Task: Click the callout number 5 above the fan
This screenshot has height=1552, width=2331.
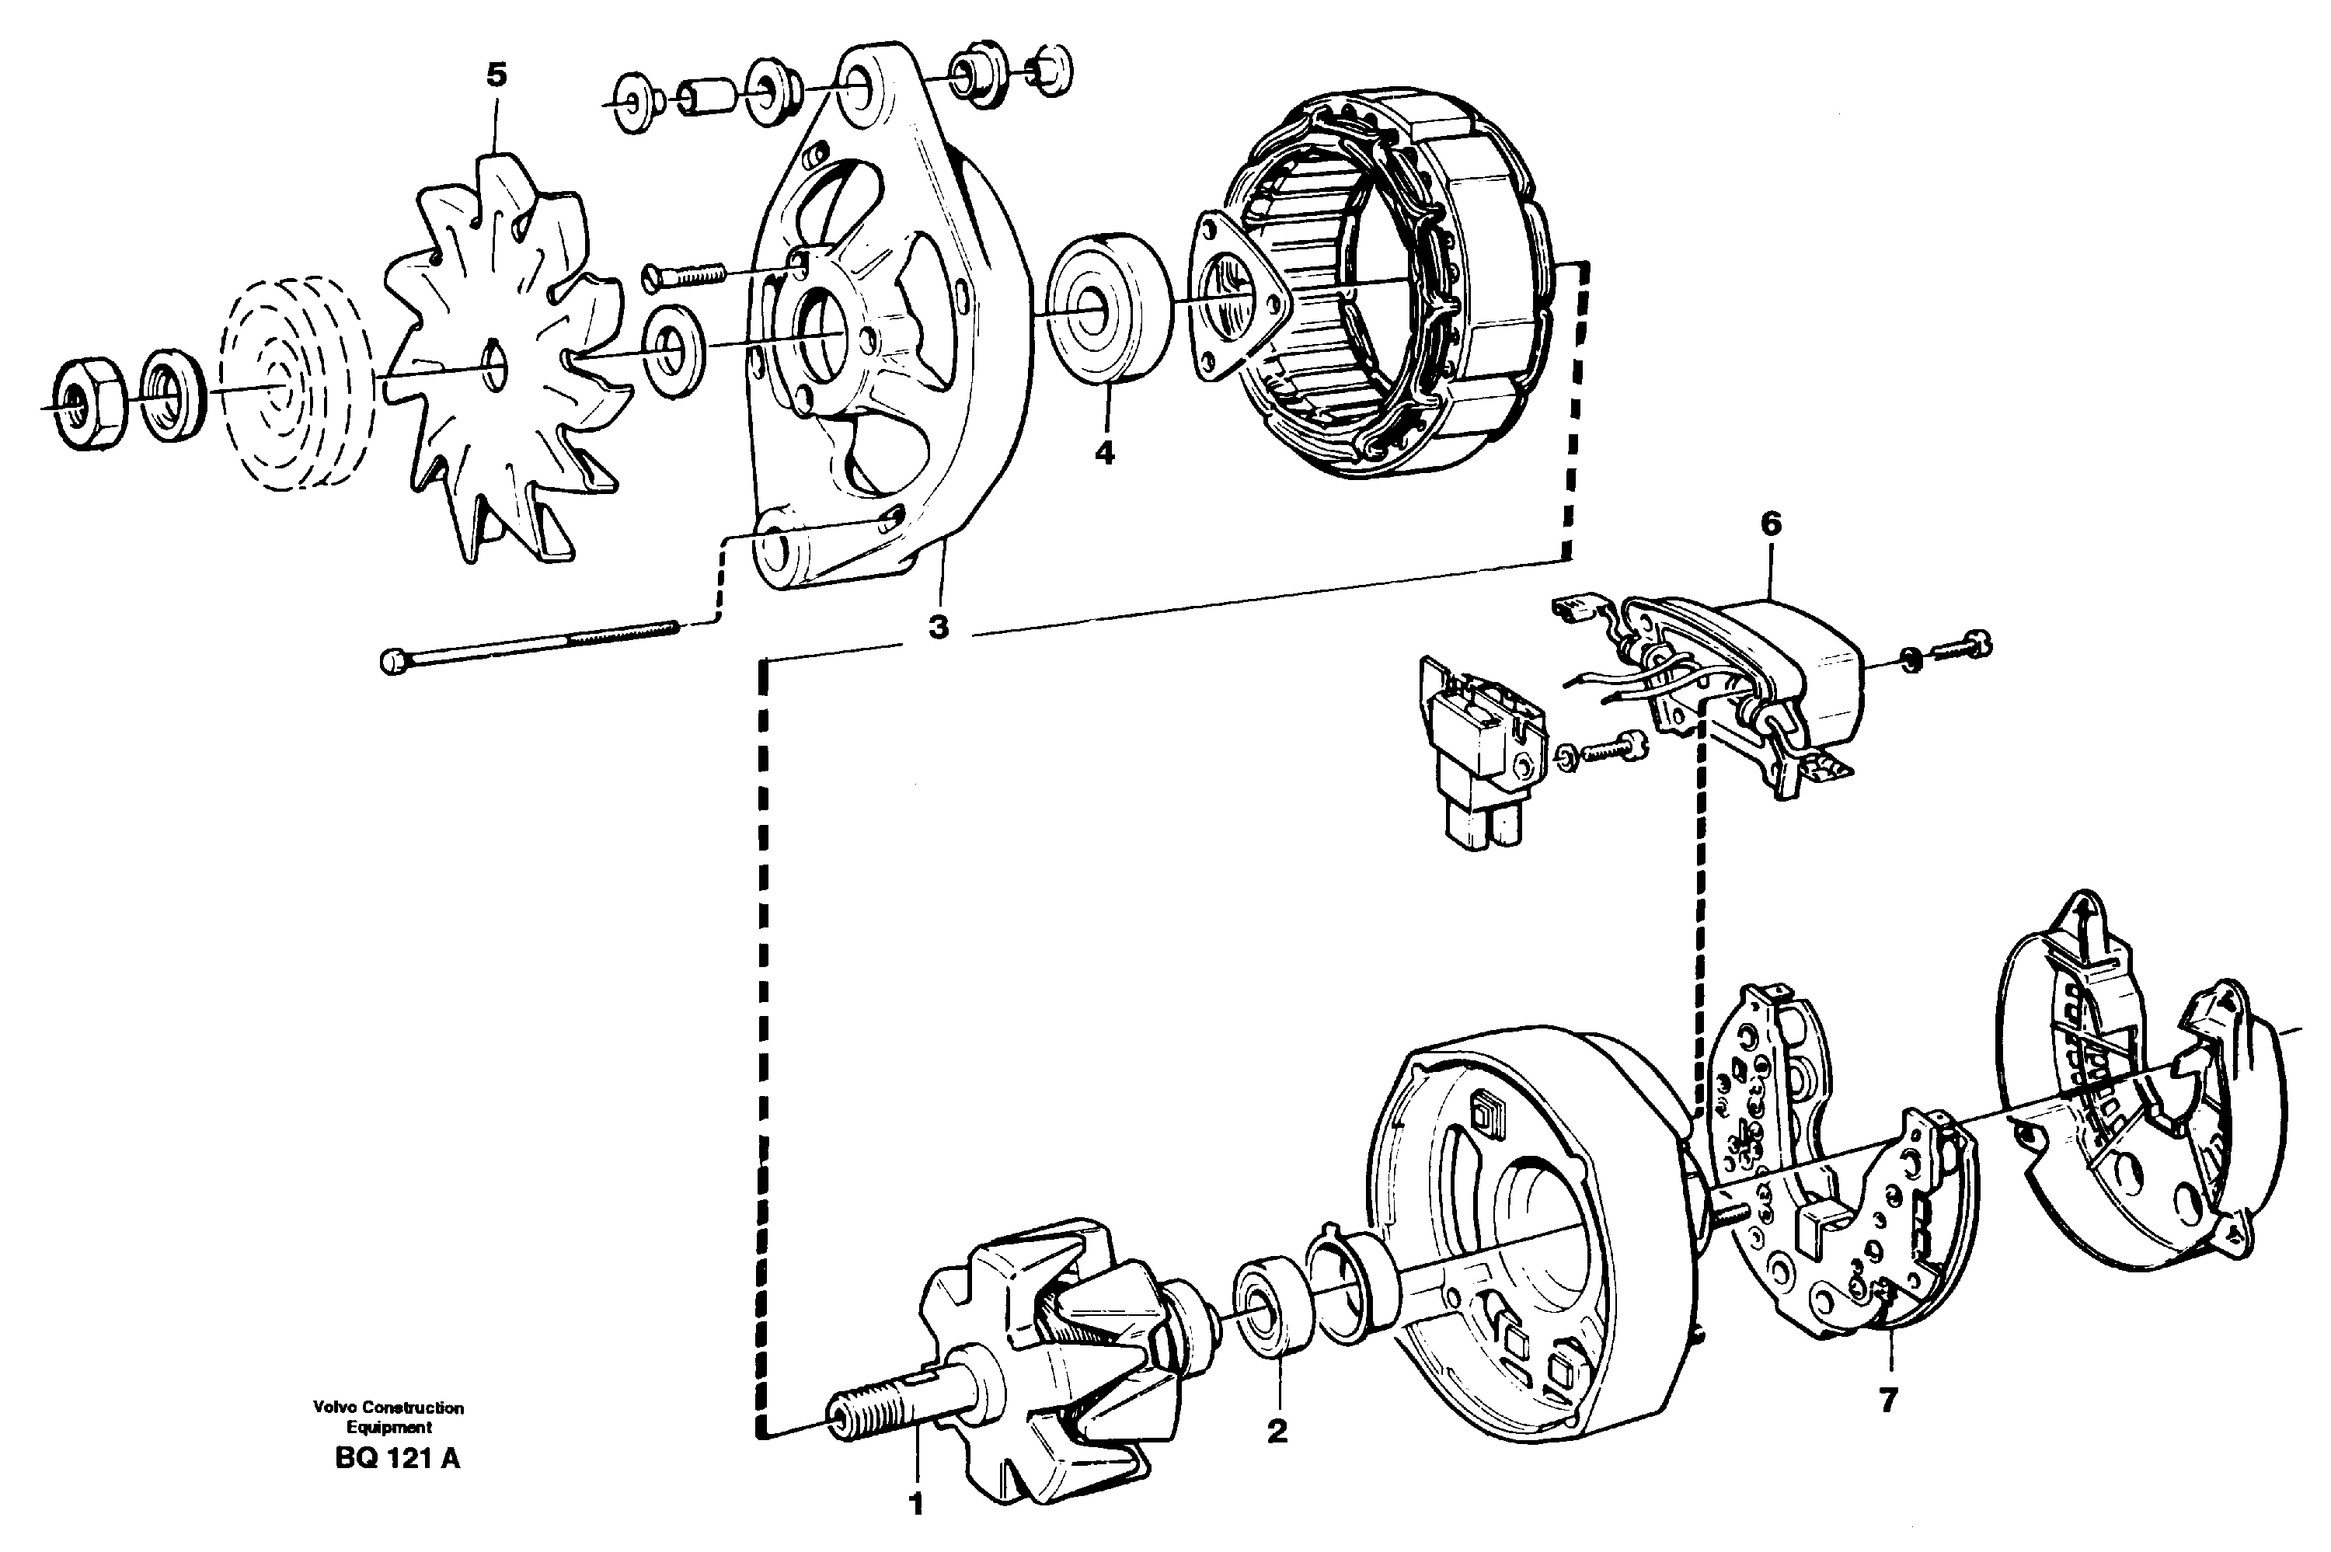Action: pos(496,75)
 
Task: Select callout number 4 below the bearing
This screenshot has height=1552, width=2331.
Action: pos(1105,454)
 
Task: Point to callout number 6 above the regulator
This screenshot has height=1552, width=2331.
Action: pos(1771,524)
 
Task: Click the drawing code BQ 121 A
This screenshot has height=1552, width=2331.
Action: pos(397,1460)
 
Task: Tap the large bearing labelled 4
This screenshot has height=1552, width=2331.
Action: pos(1106,321)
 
